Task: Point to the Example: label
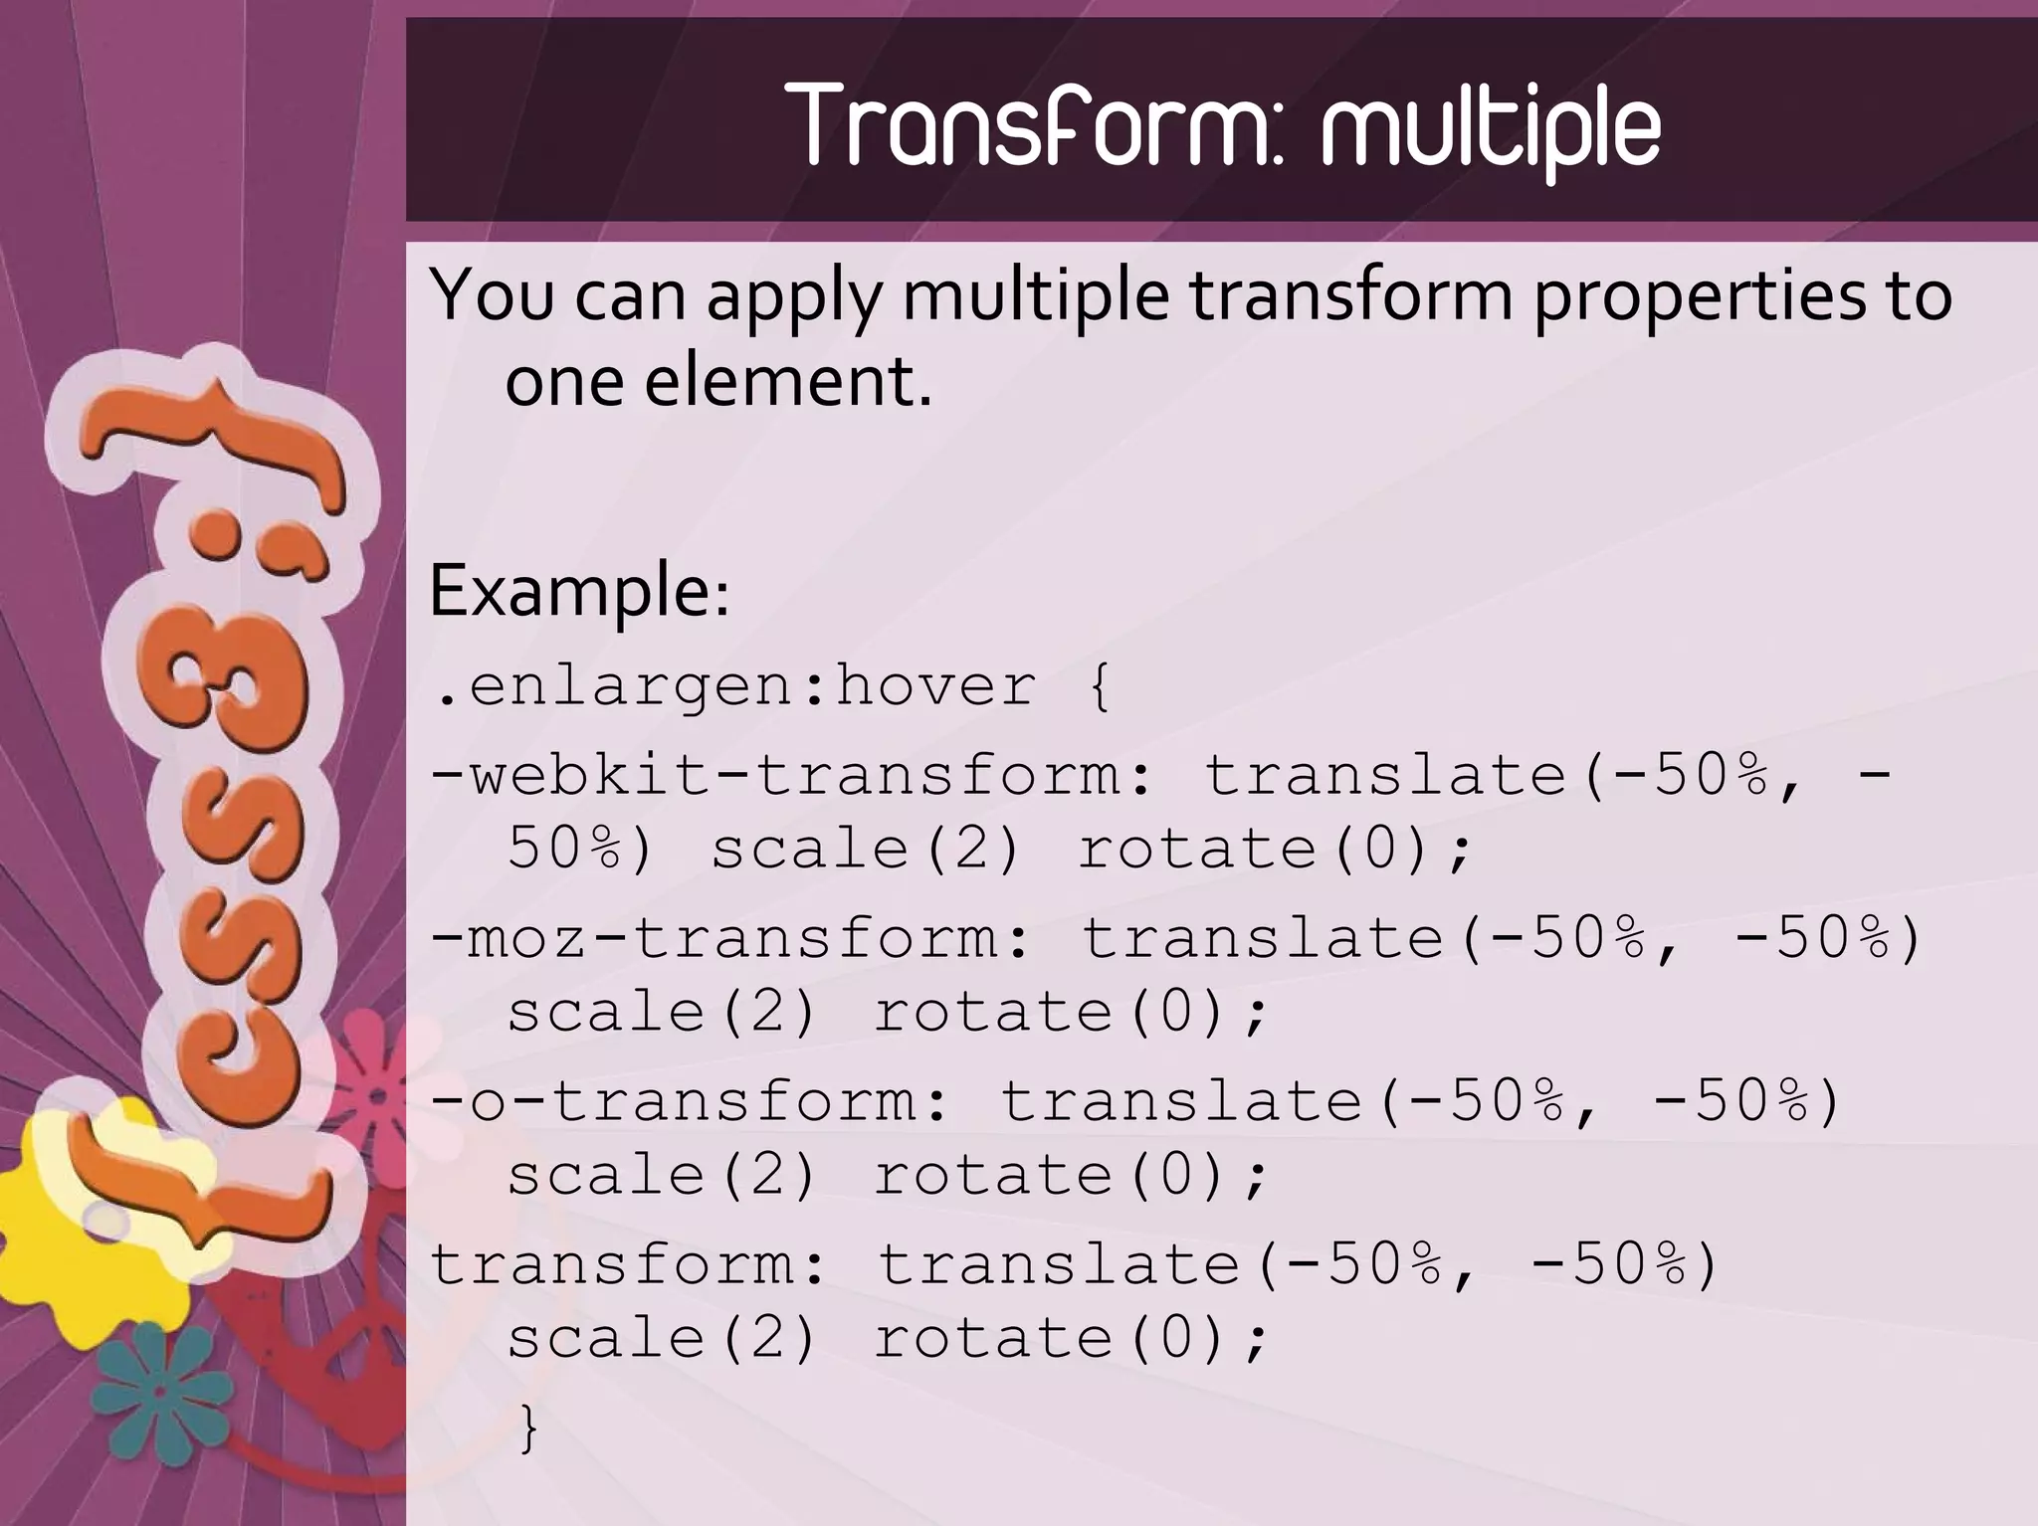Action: (579, 591)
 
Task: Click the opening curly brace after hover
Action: (1099, 686)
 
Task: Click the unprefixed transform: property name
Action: (627, 1264)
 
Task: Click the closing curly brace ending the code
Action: (528, 1429)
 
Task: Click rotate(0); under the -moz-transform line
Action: (1071, 1013)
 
